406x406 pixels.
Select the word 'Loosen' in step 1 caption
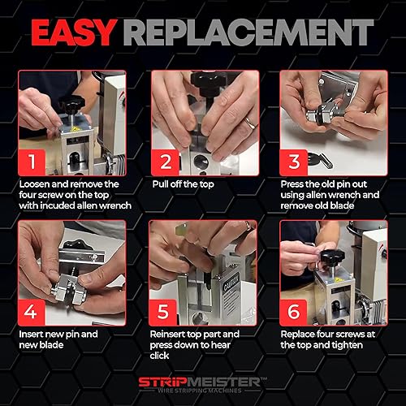[x=37, y=184]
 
